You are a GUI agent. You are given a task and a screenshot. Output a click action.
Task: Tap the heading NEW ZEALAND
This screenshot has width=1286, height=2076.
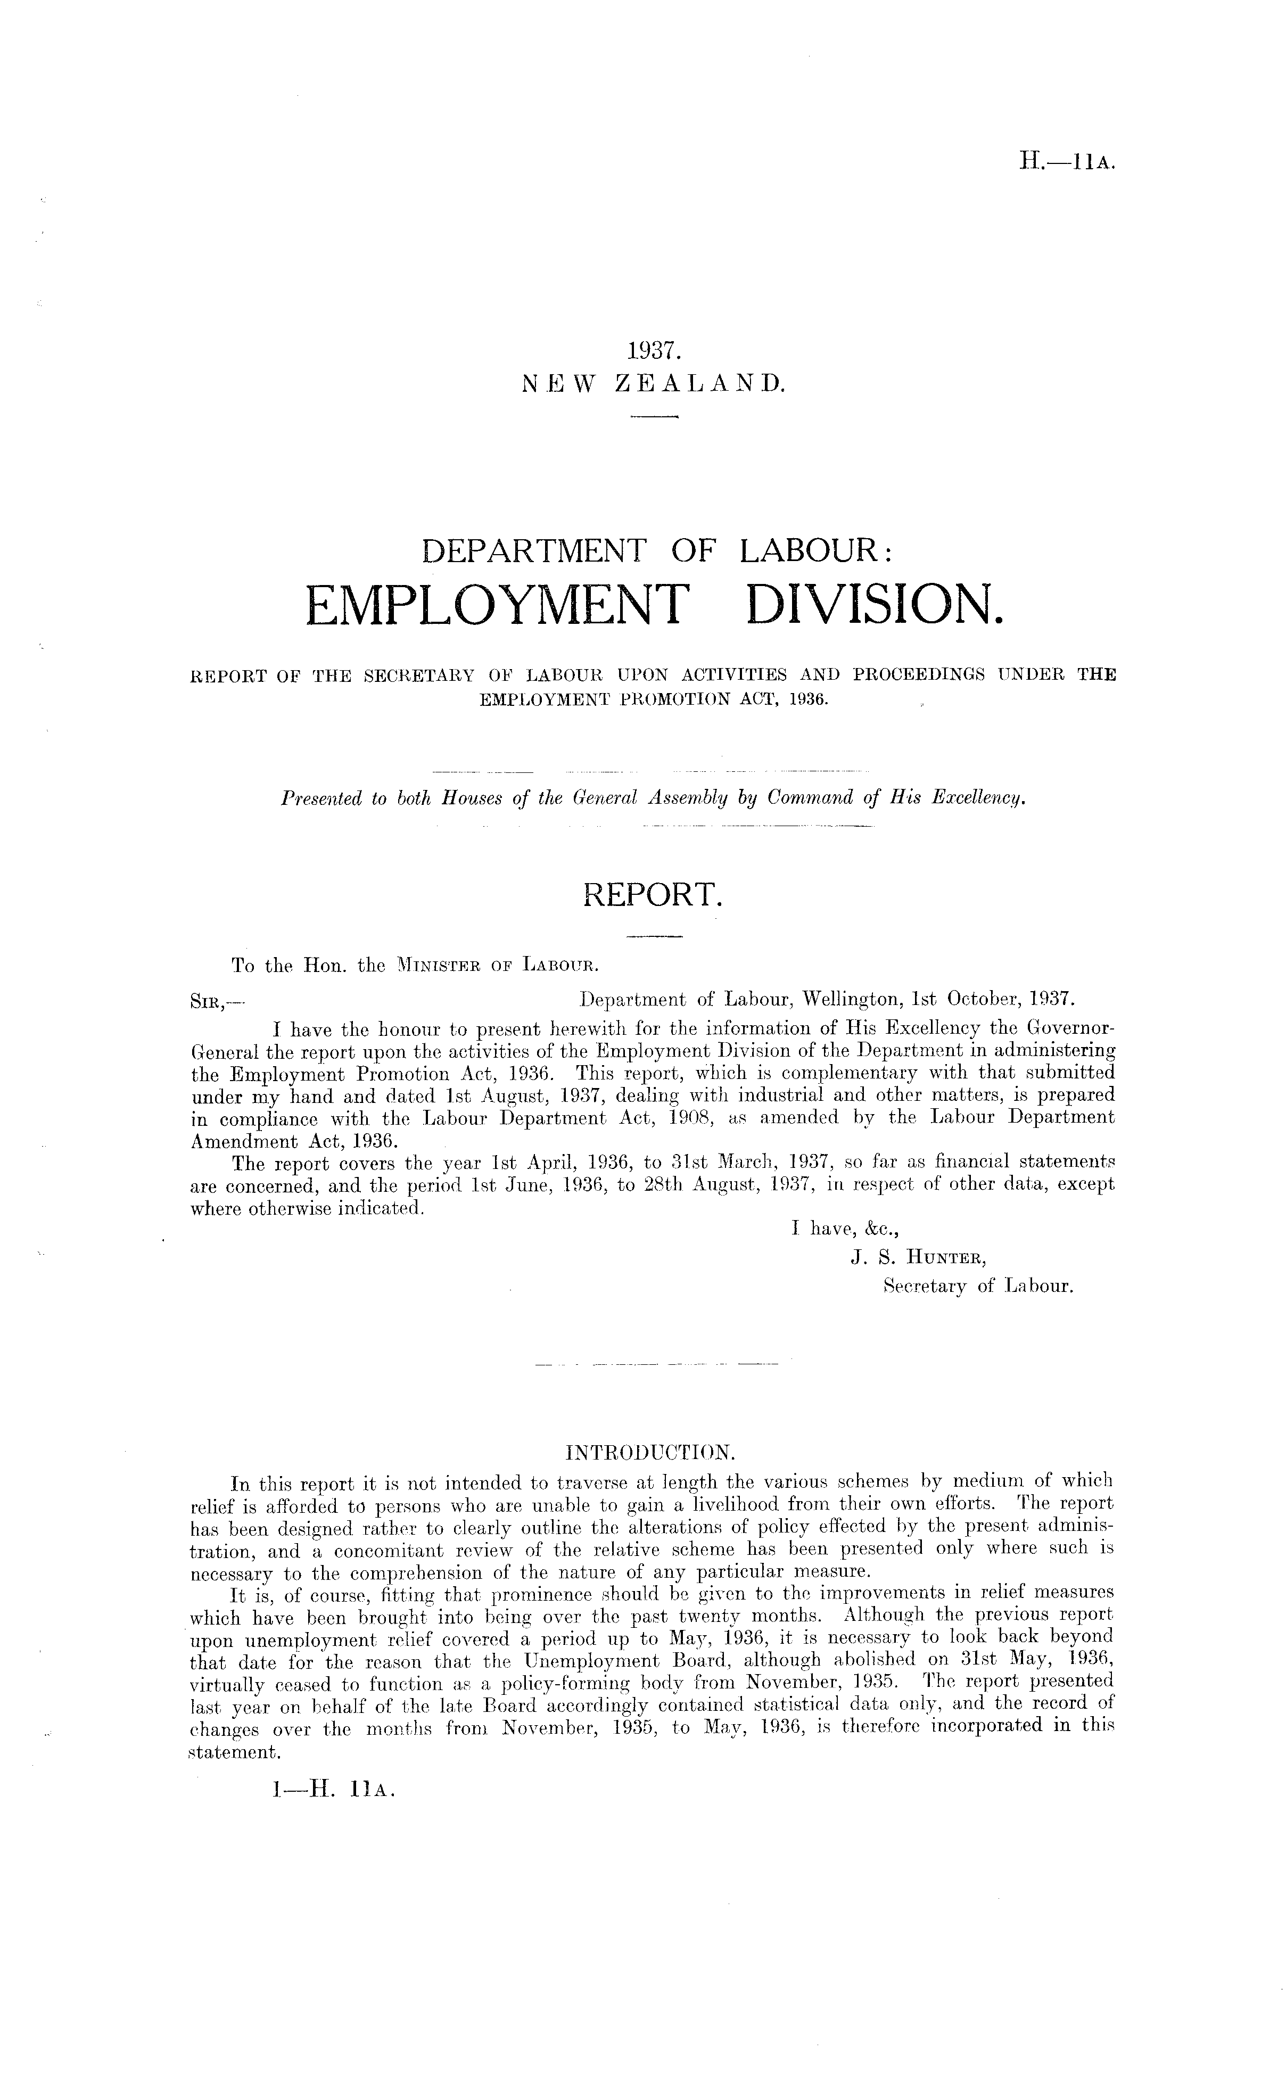654,384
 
